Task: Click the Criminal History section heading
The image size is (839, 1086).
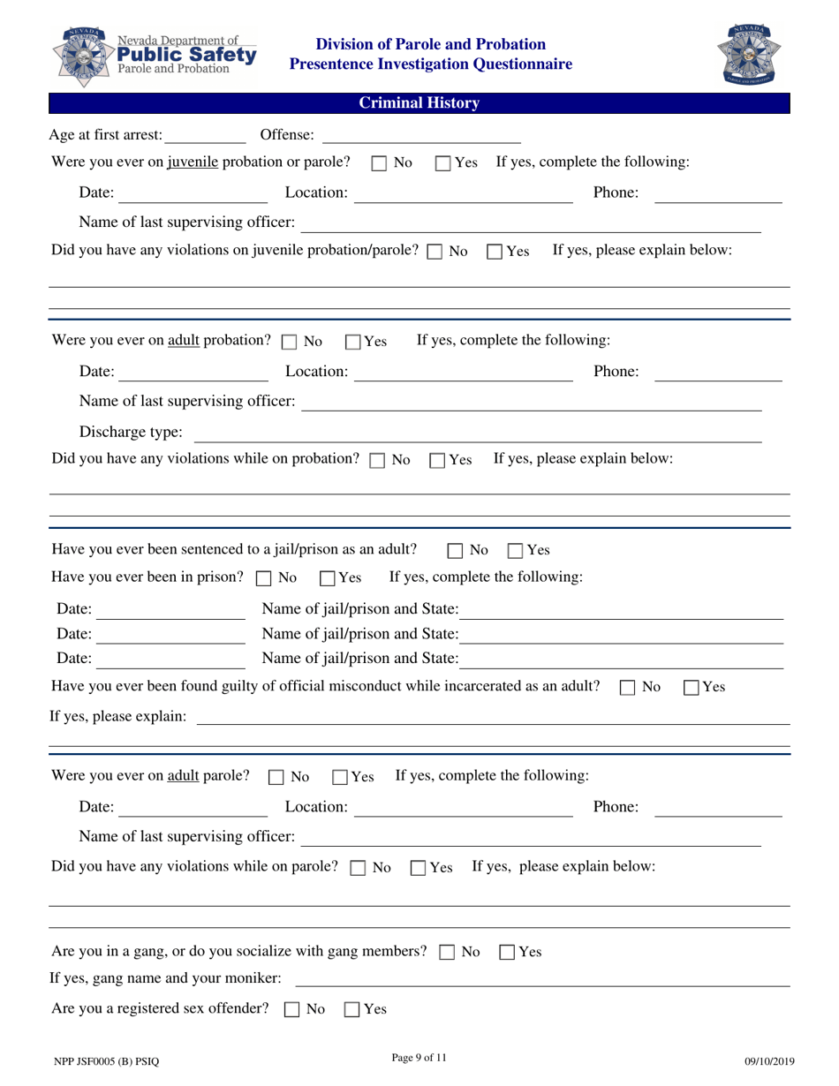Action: pyautogui.click(x=419, y=103)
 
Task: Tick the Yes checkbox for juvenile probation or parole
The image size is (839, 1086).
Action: pyautogui.click(x=444, y=163)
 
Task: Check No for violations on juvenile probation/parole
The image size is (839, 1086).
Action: pyautogui.click(x=434, y=252)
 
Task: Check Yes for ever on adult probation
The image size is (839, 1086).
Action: pyautogui.click(x=353, y=342)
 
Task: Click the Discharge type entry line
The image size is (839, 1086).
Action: pyautogui.click(x=477, y=433)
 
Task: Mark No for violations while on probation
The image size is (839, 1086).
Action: pyautogui.click(x=377, y=461)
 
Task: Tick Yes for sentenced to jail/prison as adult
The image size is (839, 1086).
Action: pyautogui.click(x=516, y=551)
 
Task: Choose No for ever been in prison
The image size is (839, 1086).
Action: pyautogui.click(x=263, y=579)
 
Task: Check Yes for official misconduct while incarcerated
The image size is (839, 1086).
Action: pyautogui.click(x=692, y=688)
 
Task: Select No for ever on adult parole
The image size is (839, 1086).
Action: pyautogui.click(x=276, y=778)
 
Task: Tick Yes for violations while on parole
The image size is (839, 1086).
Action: pyautogui.click(x=419, y=868)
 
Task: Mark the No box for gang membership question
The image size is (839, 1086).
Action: pyautogui.click(x=447, y=953)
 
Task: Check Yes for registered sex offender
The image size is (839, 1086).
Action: pyautogui.click(x=351, y=1010)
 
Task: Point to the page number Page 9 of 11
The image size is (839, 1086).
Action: pyautogui.click(x=419, y=1059)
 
